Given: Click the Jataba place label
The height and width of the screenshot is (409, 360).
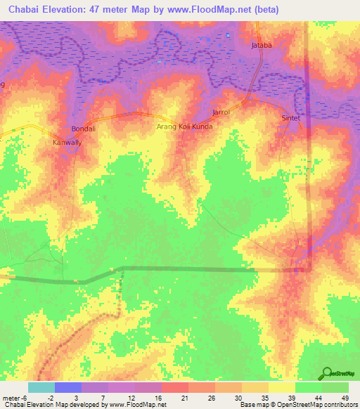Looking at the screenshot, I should click(x=262, y=46).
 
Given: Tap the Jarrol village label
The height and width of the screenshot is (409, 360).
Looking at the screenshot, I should click(x=221, y=112).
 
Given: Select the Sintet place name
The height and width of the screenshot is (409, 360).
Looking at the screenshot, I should click(x=290, y=118).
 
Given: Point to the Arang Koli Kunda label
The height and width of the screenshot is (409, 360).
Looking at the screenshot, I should click(x=184, y=127).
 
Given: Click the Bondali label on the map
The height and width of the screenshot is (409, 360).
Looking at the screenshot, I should click(x=83, y=129).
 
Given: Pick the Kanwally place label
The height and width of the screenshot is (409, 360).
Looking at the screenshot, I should click(x=67, y=143).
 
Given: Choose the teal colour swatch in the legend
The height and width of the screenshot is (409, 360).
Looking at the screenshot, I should click(x=41, y=387).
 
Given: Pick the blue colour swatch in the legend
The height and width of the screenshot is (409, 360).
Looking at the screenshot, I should click(x=68, y=387).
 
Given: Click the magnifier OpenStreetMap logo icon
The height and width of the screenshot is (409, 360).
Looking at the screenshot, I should click(x=328, y=374).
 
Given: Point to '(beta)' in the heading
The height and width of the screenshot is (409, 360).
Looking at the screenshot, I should click(x=266, y=10).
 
